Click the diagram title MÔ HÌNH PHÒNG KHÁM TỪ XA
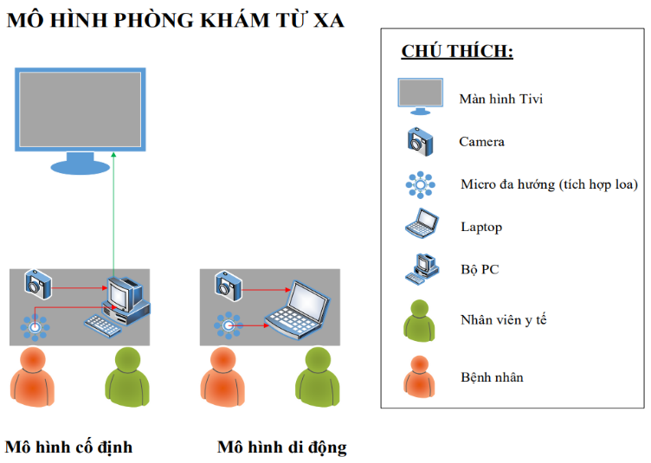[x=176, y=19]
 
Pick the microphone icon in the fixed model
[x=35, y=326]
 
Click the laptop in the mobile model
[x=299, y=307]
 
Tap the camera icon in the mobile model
[x=229, y=282]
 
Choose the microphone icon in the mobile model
[x=228, y=325]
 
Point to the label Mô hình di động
[x=282, y=447]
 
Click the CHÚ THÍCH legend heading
[x=457, y=51]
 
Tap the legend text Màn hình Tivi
[x=501, y=100]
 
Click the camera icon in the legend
[x=420, y=140]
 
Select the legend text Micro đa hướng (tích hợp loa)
[x=549, y=184]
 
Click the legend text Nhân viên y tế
[x=504, y=320]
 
